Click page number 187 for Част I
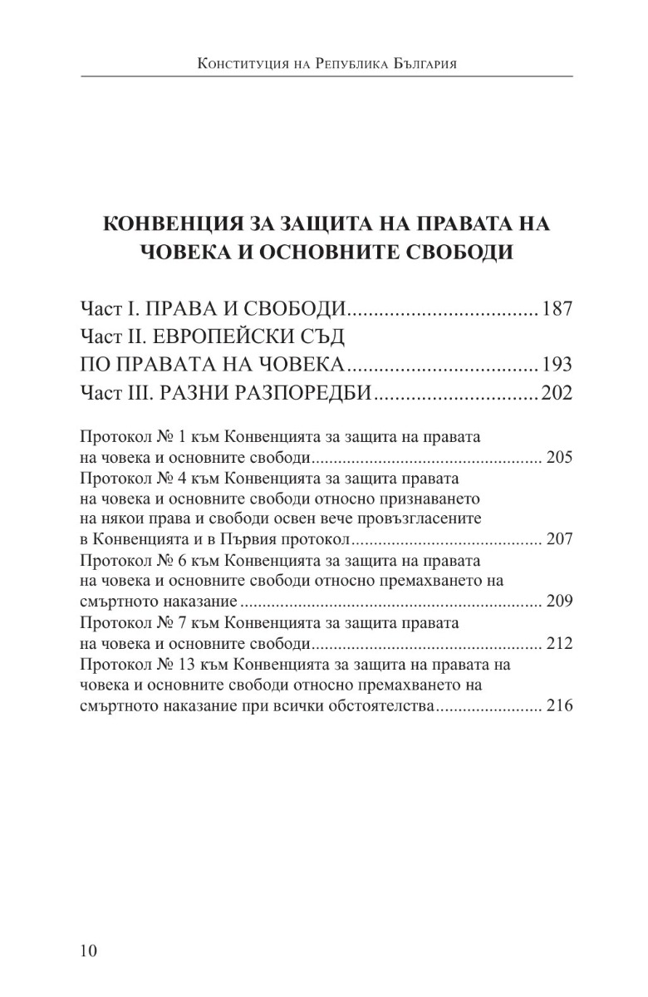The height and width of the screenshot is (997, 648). [x=557, y=311]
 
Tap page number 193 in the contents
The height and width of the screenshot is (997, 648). [x=557, y=365]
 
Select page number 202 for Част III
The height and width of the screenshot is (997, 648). [x=557, y=392]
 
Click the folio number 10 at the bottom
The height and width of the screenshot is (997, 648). [x=89, y=950]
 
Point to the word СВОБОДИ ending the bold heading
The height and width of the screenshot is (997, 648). [x=467, y=252]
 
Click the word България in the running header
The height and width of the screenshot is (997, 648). [x=420, y=63]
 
